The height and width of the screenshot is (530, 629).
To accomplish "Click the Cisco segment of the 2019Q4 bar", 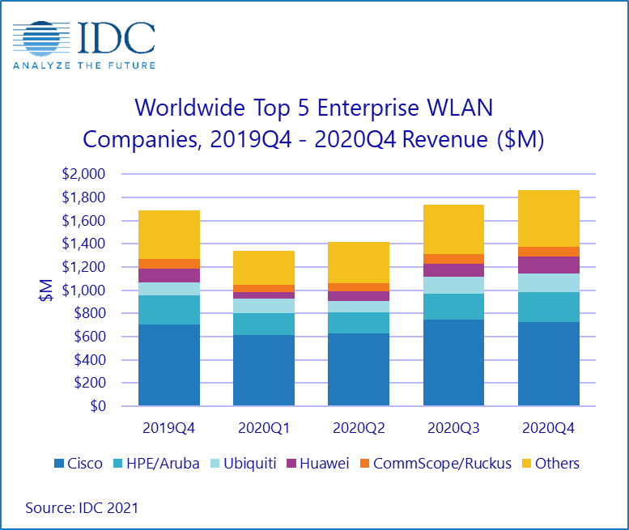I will [169, 365].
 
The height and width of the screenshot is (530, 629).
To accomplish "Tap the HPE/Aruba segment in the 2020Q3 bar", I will [453, 307].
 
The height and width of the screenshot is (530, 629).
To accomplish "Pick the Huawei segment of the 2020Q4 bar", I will [548, 265].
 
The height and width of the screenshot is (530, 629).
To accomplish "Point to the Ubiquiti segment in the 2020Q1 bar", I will [264, 306].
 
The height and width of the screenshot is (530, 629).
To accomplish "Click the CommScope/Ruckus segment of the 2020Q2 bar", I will [359, 287].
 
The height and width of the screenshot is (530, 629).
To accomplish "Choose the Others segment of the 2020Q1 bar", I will [264, 268].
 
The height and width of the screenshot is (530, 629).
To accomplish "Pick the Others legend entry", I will [550, 464].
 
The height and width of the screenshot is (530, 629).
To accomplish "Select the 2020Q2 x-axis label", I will [359, 428].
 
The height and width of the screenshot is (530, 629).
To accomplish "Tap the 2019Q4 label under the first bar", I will [169, 428].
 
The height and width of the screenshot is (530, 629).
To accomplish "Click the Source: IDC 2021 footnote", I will [82, 508].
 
